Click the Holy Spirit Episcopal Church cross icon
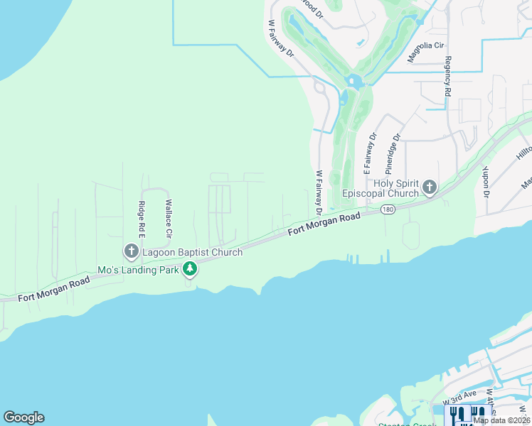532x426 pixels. pyautogui.click(x=429, y=187)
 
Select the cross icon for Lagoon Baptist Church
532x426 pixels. pyautogui.click(x=131, y=251)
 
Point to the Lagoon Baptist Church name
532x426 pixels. pyautogui.click(x=191, y=252)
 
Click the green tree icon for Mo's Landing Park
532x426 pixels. pyautogui.click(x=190, y=269)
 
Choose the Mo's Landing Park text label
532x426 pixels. pyautogui.click(x=138, y=270)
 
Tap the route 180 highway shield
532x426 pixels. pyautogui.click(x=388, y=209)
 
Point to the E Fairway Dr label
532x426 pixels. pyautogui.click(x=369, y=153)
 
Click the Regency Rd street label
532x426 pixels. pyautogui.click(x=447, y=77)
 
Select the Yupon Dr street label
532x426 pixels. pyautogui.click(x=486, y=182)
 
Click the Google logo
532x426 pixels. pyautogui.click(x=23, y=417)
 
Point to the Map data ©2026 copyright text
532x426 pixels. pyautogui.click(x=502, y=420)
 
